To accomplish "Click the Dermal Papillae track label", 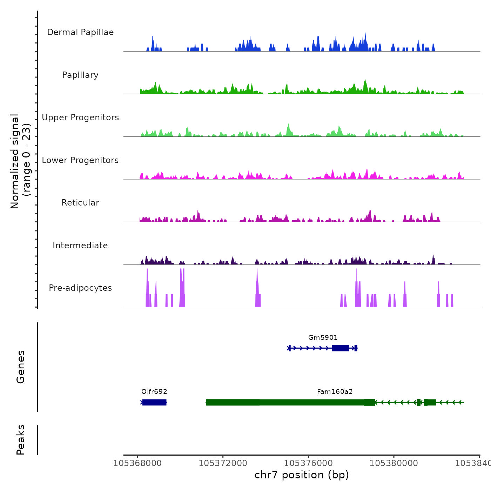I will [80, 32].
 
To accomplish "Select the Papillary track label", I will [80, 75].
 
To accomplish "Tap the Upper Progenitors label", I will [80, 117].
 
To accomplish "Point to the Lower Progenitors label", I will [80, 160].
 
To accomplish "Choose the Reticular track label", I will [80, 203].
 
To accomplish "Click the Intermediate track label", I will [80, 245].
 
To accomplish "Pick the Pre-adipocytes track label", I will [80, 288].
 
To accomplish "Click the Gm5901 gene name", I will [323, 338].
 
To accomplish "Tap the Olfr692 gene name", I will [154, 392].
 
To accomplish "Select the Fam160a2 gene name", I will [335, 392].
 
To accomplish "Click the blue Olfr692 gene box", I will [154, 402].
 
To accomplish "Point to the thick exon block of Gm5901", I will [340, 348].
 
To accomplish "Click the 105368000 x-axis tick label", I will [137, 463].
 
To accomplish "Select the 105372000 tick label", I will [223, 463].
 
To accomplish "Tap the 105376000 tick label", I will [308, 463].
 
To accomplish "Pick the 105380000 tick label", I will [394, 463].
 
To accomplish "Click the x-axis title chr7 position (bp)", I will [302, 475].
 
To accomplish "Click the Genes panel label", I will [21, 367].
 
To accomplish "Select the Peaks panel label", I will [21, 440].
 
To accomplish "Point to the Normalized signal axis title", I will [20, 161].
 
